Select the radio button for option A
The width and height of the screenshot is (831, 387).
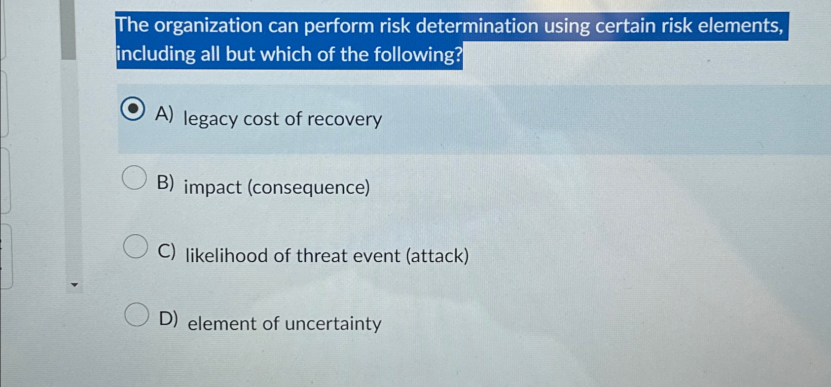click(x=133, y=109)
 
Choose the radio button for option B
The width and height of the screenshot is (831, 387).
click(x=134, y=177)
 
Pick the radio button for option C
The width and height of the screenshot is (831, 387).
click(x=135, y=246)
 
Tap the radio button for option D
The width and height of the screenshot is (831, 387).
click(x=136, y=314)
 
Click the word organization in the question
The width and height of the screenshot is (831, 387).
click(x=208, y=26)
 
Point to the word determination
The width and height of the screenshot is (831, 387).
click(x=477, y=26)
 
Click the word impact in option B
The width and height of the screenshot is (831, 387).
click(x=213, y=188)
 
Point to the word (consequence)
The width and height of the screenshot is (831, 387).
click(x=308, y=187)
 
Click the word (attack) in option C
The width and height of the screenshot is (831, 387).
click(x=437, y=256)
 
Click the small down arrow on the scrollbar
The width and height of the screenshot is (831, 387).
click(x=74, y=284)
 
